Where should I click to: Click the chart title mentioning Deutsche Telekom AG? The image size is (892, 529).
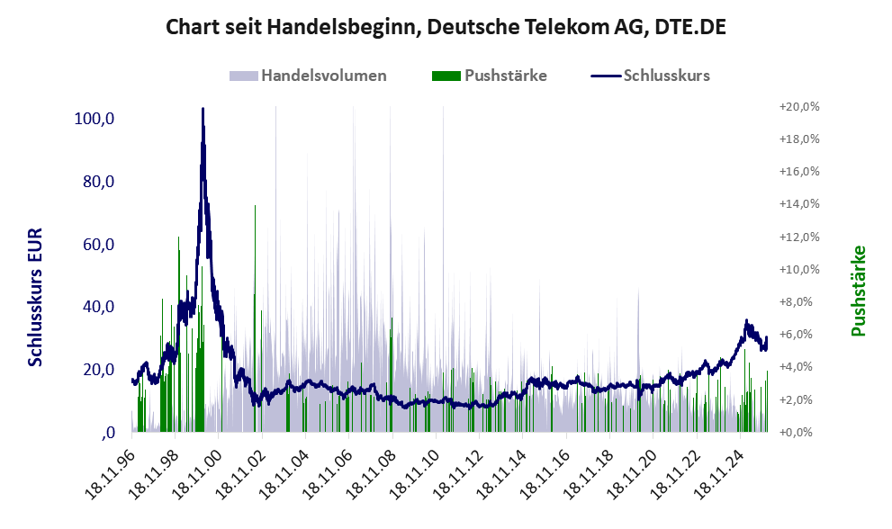[x=446, y=27]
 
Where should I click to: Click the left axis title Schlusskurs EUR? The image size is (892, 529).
[x=36, y=296]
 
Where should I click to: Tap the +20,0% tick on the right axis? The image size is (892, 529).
[x=798, y=106]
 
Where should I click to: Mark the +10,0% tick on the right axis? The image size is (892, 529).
[x=798, y=269]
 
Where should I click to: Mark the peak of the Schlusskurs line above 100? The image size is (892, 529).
[x=203, y=110]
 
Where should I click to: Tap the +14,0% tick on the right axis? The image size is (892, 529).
[x=798, y=204]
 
